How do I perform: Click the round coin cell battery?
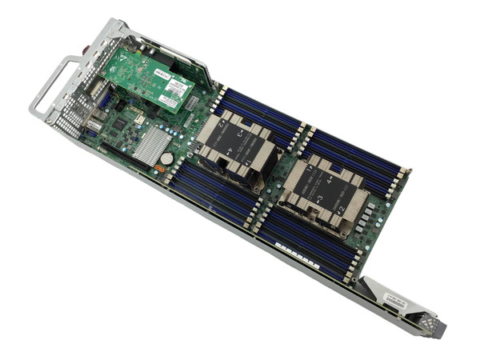click(166, 158)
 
